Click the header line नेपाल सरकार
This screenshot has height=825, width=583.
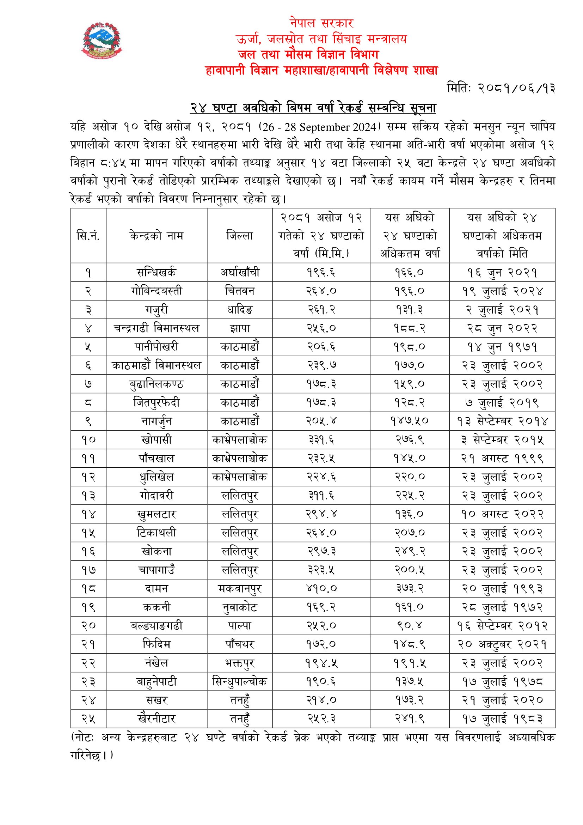[x=322, y=23]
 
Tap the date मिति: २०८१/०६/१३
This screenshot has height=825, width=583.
[x=501, y=88]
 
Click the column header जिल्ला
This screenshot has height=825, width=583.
[x=239, y=236]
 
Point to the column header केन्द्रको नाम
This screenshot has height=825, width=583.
[x=157, y=236]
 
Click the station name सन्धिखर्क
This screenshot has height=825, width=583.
[x=157, y=272]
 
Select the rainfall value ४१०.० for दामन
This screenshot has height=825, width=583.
[x=321, y=588]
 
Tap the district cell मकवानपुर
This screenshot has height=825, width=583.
[x=239, y=589]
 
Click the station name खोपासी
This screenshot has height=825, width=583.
[x=157, y=439]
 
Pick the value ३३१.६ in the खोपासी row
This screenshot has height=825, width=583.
[x=321, y=439]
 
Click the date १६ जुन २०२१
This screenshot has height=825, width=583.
[x=502, y=272]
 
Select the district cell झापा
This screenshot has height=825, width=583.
[x=239, y=328]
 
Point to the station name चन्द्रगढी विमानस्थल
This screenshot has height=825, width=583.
[x=157, y=328]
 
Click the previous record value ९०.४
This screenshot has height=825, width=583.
[x=409, y=626]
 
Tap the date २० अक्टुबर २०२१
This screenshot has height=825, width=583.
[x=502, y=644]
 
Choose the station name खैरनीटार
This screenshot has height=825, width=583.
[x=157, y=718]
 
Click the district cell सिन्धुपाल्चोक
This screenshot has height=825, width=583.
[x=239, y=681]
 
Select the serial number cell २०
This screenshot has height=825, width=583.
[x=88, y=626]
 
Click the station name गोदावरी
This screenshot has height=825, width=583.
[x=157, y=496]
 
